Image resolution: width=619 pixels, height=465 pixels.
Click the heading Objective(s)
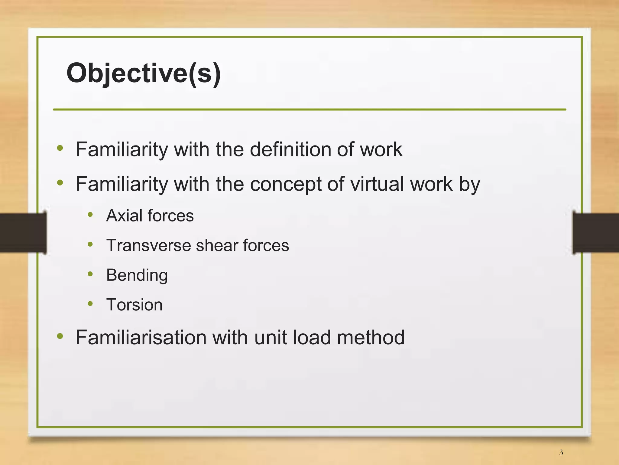tap(144, 73)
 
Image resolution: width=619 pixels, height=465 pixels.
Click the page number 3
tap(561, 453)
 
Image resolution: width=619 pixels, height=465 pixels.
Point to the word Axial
tap(124, 215)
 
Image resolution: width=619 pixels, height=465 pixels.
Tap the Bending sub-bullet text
tap(137, 275)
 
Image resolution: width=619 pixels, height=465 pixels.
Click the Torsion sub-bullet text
tap(134, 305)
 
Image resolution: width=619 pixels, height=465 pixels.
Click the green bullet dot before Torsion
tap(90, 303)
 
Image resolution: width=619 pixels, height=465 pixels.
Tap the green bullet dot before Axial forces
tap(90, 214)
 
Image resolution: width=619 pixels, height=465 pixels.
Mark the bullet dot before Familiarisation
tap(60, 336)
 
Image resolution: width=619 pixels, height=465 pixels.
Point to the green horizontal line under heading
tap(309, 110)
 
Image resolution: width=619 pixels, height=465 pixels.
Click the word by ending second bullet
tap(469, 185)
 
